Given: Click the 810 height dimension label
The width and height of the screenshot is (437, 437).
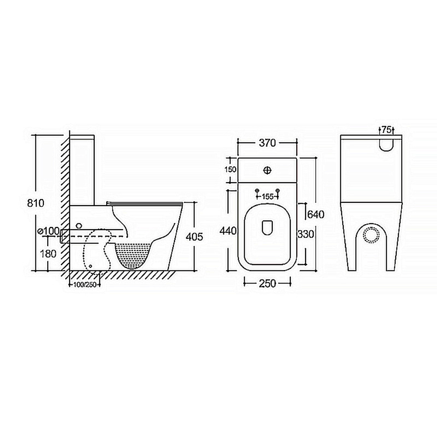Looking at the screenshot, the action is click(x=36, y=203).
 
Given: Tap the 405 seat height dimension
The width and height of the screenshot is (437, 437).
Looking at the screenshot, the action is click(x=194, y=236).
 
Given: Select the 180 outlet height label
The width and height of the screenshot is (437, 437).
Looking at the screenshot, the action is click(x=48, y=253).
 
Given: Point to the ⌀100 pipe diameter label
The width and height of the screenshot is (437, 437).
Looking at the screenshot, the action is click(x=49, y=231).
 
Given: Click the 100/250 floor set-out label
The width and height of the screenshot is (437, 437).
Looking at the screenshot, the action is click(x=84, y=284).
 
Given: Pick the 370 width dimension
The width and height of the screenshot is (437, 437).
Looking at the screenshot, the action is click(x=267, y=143).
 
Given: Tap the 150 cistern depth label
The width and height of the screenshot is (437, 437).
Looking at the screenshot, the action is click(x=230, y=169).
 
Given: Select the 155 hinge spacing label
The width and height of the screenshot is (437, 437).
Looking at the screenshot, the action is click(x=267, y=197).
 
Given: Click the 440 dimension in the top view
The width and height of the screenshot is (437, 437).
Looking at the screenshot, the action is click(x=228, y=231).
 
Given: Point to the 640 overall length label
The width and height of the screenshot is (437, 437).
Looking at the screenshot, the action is click(x=316, y=214).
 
